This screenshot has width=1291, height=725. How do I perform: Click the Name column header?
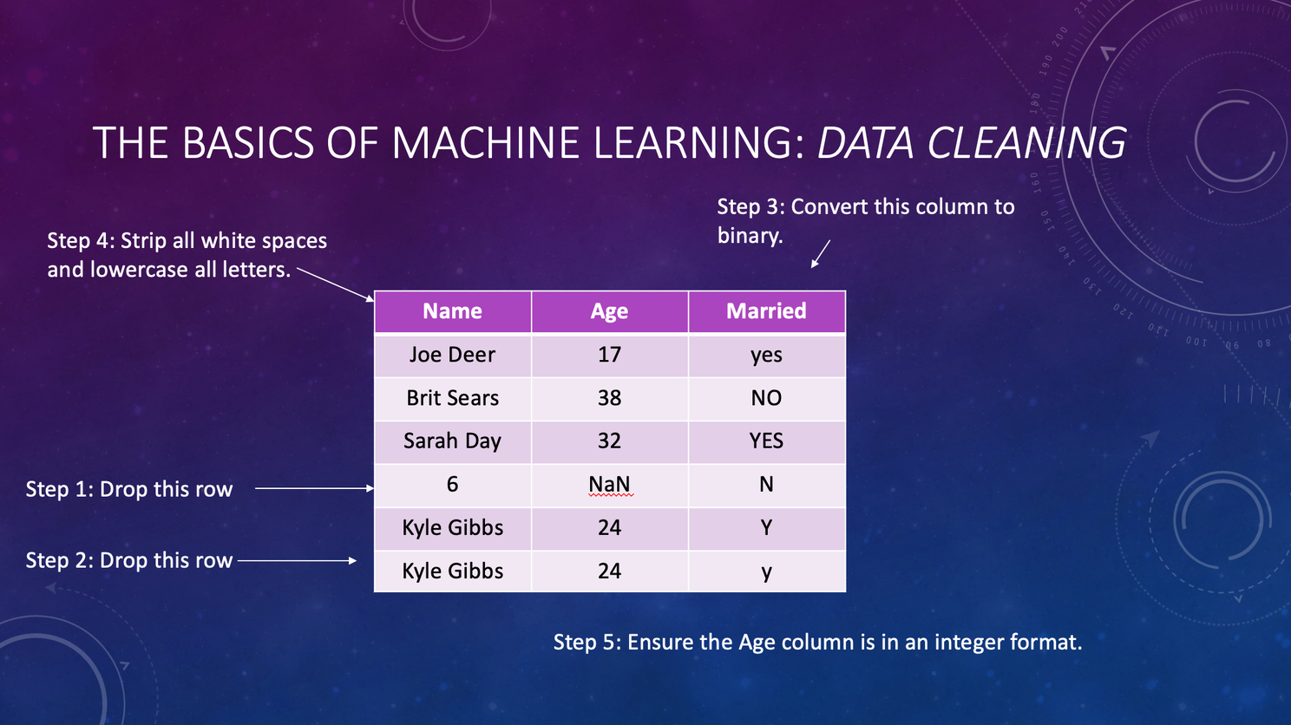click(x=452, y=312)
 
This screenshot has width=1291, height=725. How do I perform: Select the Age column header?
click(x=610, y=312)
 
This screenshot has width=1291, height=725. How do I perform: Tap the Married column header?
click(x=767, y=312)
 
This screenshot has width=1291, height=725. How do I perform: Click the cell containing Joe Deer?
click(x=452, y=355)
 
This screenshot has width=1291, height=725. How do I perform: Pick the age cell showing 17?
click(x=610, y=355)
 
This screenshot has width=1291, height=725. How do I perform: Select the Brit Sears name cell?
click(x=452, y=398)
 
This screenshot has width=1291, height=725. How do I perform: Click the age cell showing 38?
click(x=610, y=398)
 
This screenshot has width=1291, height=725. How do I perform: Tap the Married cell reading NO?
click(x=767, y=398)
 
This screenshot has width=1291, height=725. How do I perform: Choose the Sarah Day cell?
click(x=452, y=441)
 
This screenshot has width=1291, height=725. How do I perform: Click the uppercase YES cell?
click(x=767, y=441)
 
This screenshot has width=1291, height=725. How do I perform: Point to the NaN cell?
click(x=610, y=485)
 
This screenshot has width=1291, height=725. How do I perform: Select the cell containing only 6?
click(x=452, y=485)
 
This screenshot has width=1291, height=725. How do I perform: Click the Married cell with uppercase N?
click(x=767, y=485)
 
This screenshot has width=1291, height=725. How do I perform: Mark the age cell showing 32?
click(x=610, y=441)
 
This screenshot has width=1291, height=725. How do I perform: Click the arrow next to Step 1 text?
click(x=315, y=488)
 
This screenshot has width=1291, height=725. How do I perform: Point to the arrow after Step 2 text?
click(x=298, y=560)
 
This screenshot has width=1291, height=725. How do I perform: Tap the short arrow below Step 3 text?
click(x=821, y=254)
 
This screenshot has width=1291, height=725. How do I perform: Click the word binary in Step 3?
click(x=750, y=236)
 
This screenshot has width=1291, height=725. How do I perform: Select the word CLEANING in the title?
click(x=1026, y=142)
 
